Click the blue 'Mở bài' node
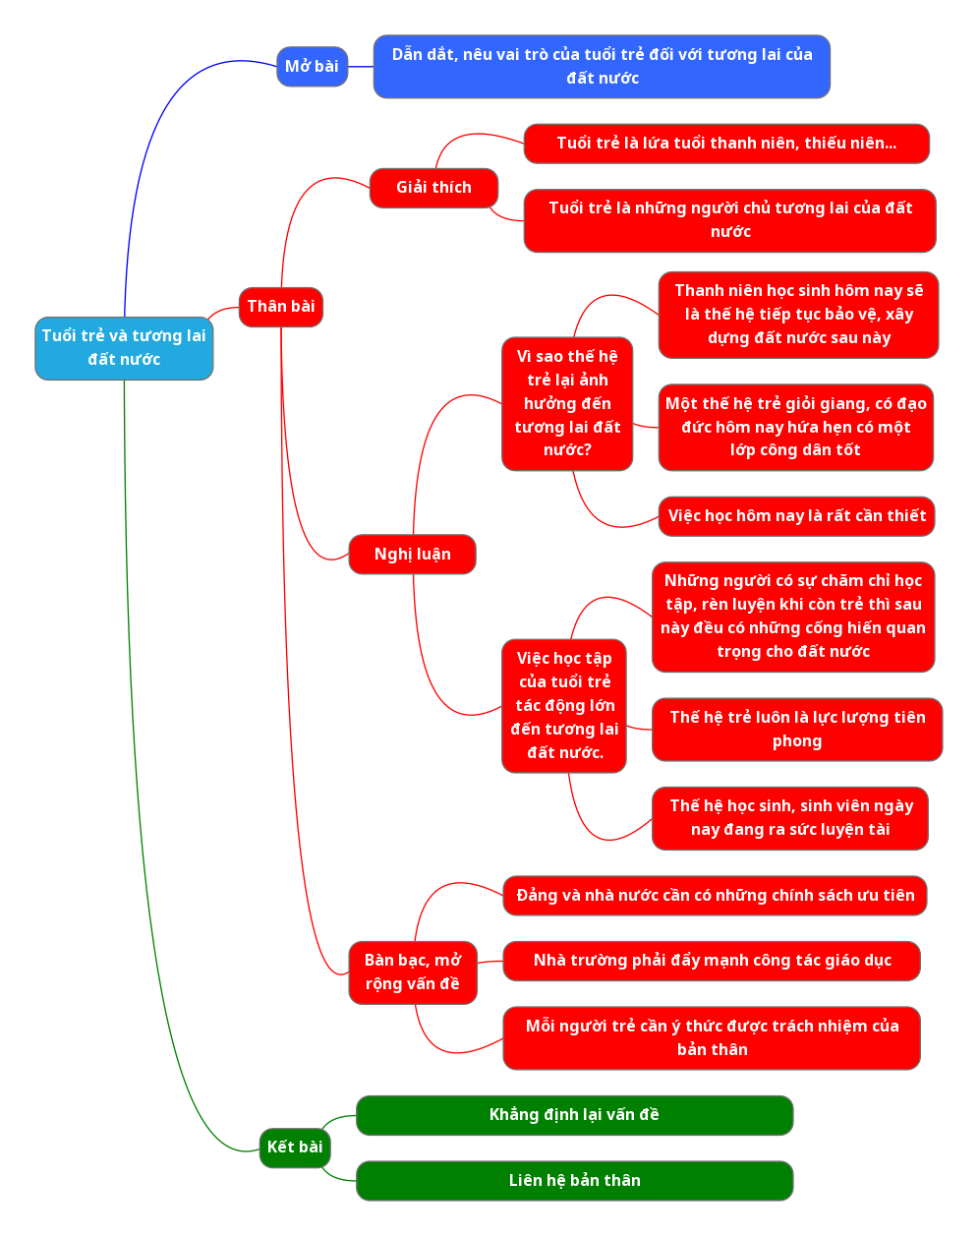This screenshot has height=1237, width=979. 312,67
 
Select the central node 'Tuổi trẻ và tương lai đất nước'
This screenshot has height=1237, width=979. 124,348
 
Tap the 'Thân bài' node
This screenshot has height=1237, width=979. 281,307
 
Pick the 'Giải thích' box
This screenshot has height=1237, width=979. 433,188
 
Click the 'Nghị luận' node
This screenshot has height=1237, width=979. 412,555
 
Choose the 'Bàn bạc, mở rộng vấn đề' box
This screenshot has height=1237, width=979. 413,972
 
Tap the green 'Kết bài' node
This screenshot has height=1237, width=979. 295,1148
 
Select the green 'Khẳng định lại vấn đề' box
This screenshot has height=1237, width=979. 574,1115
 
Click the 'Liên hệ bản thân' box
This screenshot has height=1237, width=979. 574,1181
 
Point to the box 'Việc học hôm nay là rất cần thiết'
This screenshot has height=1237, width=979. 796,516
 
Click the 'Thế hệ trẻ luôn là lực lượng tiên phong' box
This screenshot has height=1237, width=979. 796,730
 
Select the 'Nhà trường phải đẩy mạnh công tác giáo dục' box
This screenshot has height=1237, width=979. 712,961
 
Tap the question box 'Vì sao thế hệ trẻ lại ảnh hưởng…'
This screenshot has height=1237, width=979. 567,404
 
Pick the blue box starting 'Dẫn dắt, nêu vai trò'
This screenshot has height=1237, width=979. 602,67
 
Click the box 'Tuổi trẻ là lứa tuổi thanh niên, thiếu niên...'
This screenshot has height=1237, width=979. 726,144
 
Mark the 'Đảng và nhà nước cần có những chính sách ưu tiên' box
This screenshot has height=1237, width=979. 715,896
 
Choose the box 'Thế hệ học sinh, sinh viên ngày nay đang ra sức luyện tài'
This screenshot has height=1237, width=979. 790,818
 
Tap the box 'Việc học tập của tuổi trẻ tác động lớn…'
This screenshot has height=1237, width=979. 564,706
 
